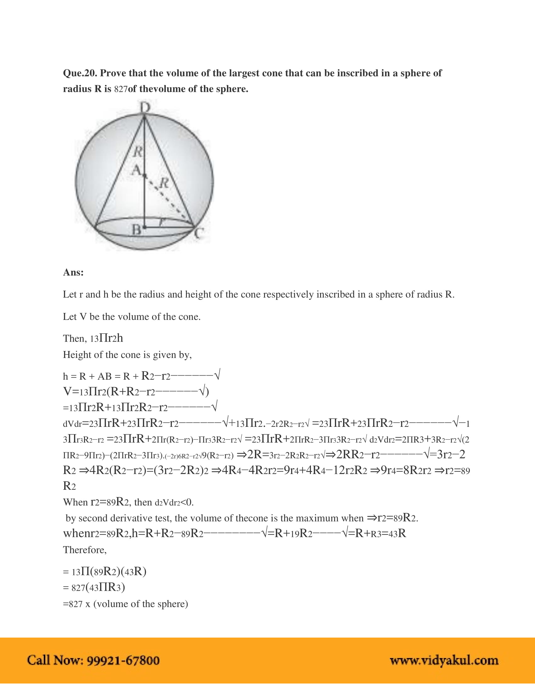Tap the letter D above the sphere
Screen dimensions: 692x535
click(145, 107)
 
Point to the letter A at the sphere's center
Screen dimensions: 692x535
click(137, 170)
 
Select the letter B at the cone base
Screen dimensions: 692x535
click(136, 229)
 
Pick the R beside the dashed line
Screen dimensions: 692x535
click(164, 183)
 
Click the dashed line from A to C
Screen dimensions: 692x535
click(170, 201)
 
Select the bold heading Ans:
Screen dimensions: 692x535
click(73, 272)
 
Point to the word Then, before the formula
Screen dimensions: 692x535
click(75, 339)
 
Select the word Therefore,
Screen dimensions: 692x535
click(85, 550)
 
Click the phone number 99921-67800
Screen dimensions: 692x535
click(123, 660)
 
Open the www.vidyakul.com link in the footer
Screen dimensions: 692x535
click(444, 661)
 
